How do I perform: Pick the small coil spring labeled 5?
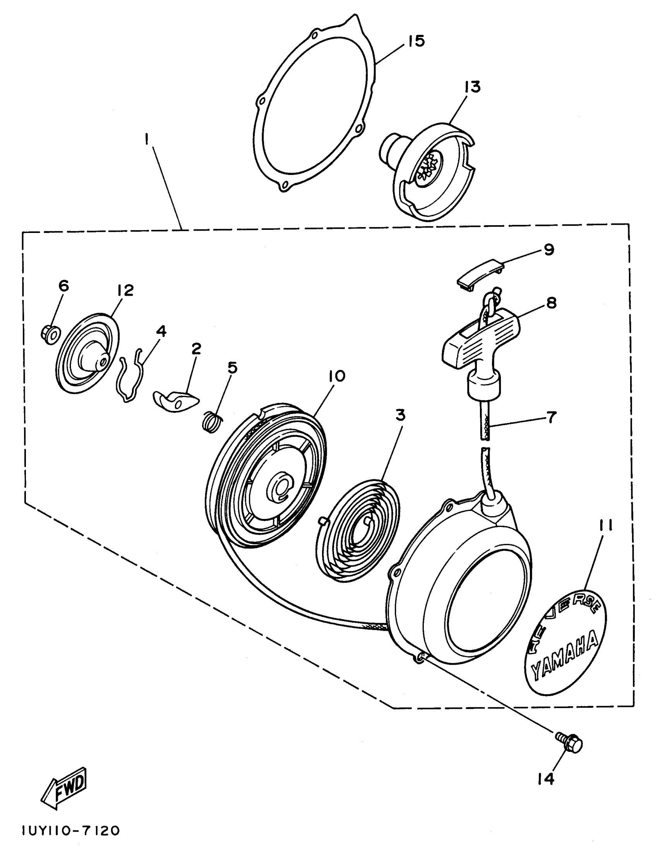214,422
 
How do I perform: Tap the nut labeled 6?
50,334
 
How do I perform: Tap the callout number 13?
472,87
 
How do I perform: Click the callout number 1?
147,139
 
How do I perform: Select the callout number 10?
337,376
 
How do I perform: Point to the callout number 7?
550,418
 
